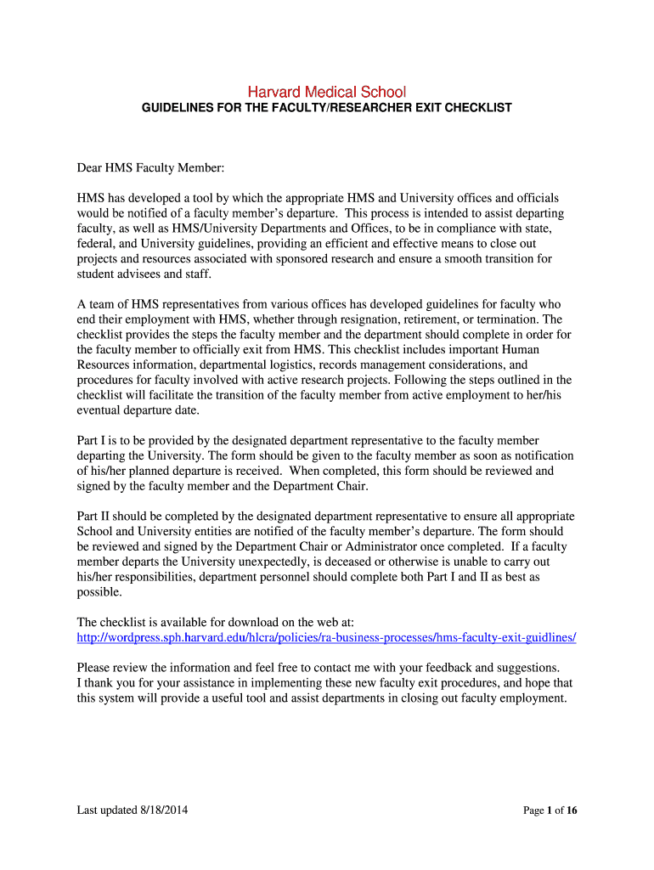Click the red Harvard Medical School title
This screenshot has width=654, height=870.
pos(326,92)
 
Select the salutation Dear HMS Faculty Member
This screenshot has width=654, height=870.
pos(150,167)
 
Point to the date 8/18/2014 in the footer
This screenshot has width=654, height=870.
pos(163,811)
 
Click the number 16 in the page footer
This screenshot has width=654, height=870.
pos(571,811)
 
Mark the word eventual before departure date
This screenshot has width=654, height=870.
pos(99,410)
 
